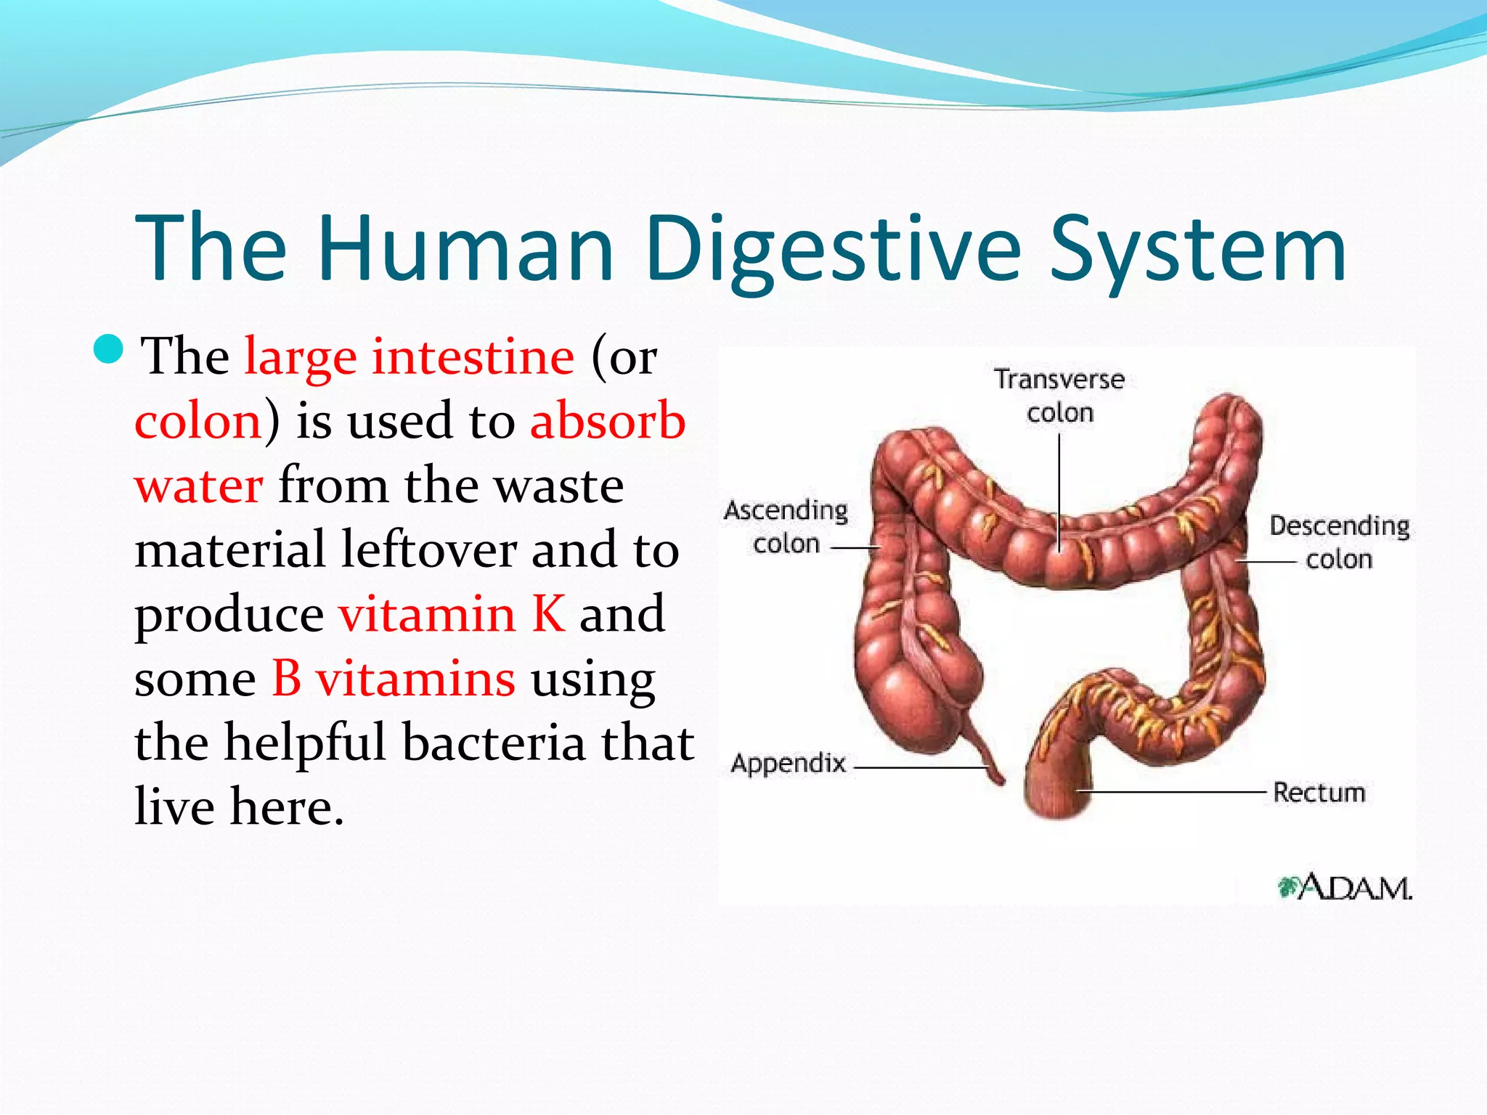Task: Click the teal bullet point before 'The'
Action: pyautogui.click(x=110, y=350)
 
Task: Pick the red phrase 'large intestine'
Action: pyautogui.click(x=409, y=357)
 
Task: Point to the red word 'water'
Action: pyautogui.click(x=199, y=486)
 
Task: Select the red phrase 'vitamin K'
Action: pyautogui.click(x=452, y=614)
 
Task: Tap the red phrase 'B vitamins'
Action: pyautogui.click(x=394, y=679)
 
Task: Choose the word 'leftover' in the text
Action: pyautogui.click(x=428, y=550)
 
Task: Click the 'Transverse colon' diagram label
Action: pyautogui.click(x=1059, y=396)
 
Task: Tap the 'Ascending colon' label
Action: pyautogui.click(x=786, y=526)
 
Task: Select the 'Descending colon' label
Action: pyautogui.click(x=1339, y=542)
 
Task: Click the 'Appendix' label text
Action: pyautogui.click(x=789, y=764)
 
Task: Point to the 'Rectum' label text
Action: pyautogui.click(x=1319, y=793)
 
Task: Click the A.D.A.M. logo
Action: pyautogui.click(x=1345, y=887)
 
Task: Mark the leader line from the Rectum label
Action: pyautogui.click(x=1176, y=791)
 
